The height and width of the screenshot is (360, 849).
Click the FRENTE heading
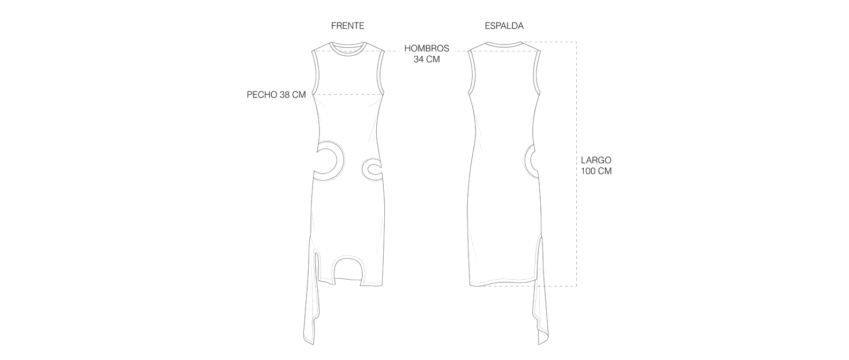[347, 26]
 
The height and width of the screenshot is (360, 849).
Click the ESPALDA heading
[504, 26]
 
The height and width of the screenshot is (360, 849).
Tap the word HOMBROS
[427, 48]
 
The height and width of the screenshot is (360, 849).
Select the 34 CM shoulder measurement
[427, 59]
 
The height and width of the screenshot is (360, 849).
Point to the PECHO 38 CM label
[276, 95]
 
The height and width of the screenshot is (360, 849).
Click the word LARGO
[596, 160]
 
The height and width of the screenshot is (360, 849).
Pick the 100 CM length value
[596, 171]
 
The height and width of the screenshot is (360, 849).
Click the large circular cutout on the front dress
[75, 161]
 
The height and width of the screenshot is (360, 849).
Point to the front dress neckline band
[347, 54]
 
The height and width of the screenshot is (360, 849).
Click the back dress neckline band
[504, 44]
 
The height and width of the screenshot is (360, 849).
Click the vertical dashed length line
[577, 164]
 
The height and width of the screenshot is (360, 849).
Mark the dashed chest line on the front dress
[347, 94]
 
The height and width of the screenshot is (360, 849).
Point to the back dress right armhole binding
[537, 72]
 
